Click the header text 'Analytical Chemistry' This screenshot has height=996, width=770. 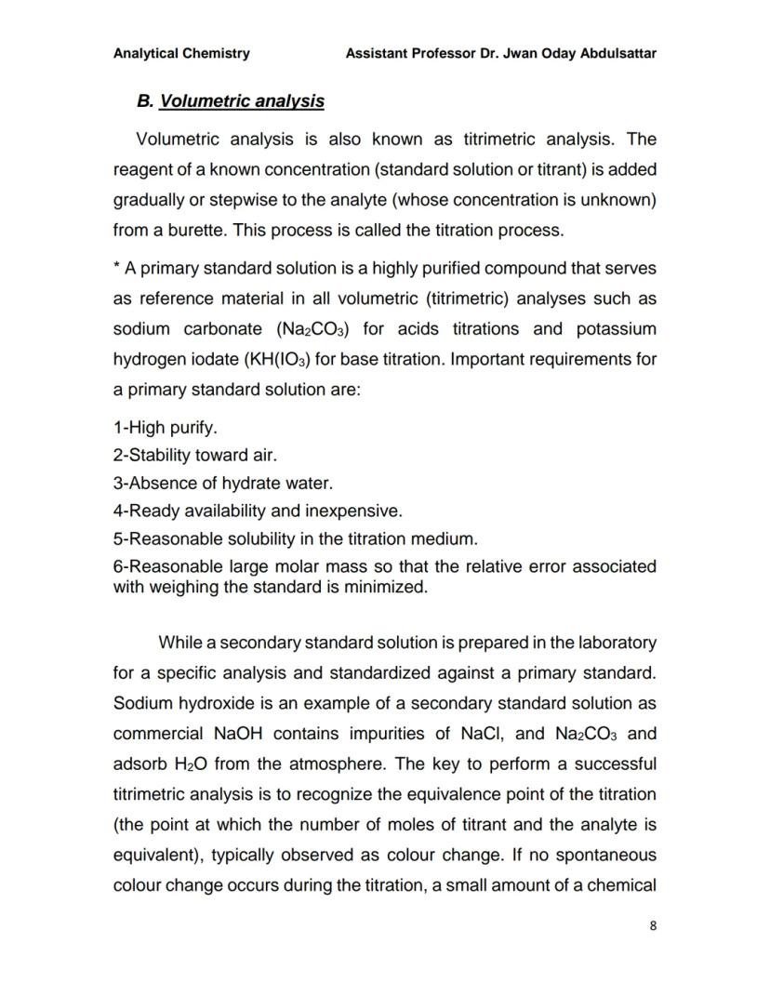tap(181, 53)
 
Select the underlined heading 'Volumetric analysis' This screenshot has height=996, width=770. tap(242, 100)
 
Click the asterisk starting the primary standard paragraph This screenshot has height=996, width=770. tap(117, 268)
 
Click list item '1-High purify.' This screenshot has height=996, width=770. tap(165, 428)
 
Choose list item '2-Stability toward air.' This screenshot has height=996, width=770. tap(195, 456)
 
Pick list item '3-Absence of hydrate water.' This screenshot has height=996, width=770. tap(222, 484)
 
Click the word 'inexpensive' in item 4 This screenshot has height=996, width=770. tap(357, 511)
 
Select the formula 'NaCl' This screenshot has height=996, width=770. tap(483, 734)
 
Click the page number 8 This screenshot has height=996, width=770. tap(653, 925)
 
